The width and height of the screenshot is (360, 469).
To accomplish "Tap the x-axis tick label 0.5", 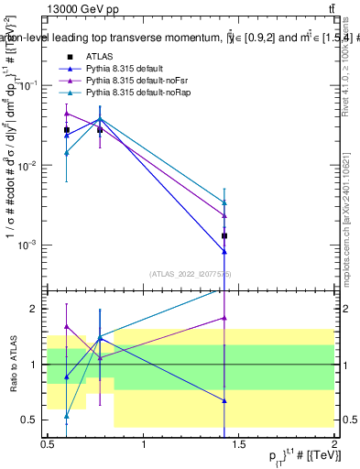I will (48, 443).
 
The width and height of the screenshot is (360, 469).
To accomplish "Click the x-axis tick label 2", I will (334, 443).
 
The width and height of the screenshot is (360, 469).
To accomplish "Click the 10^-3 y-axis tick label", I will (27, 245).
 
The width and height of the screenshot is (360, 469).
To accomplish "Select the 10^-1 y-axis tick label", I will (27, 85).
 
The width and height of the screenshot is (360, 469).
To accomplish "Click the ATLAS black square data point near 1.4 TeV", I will (224, 235).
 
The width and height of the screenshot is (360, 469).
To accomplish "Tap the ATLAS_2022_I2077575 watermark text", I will (191, 274).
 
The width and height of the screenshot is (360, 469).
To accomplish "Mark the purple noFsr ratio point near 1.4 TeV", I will (224, 318).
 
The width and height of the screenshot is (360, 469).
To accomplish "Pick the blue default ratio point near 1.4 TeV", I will (224, 400).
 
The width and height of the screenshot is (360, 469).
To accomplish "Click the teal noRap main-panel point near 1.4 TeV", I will (224, 202).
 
